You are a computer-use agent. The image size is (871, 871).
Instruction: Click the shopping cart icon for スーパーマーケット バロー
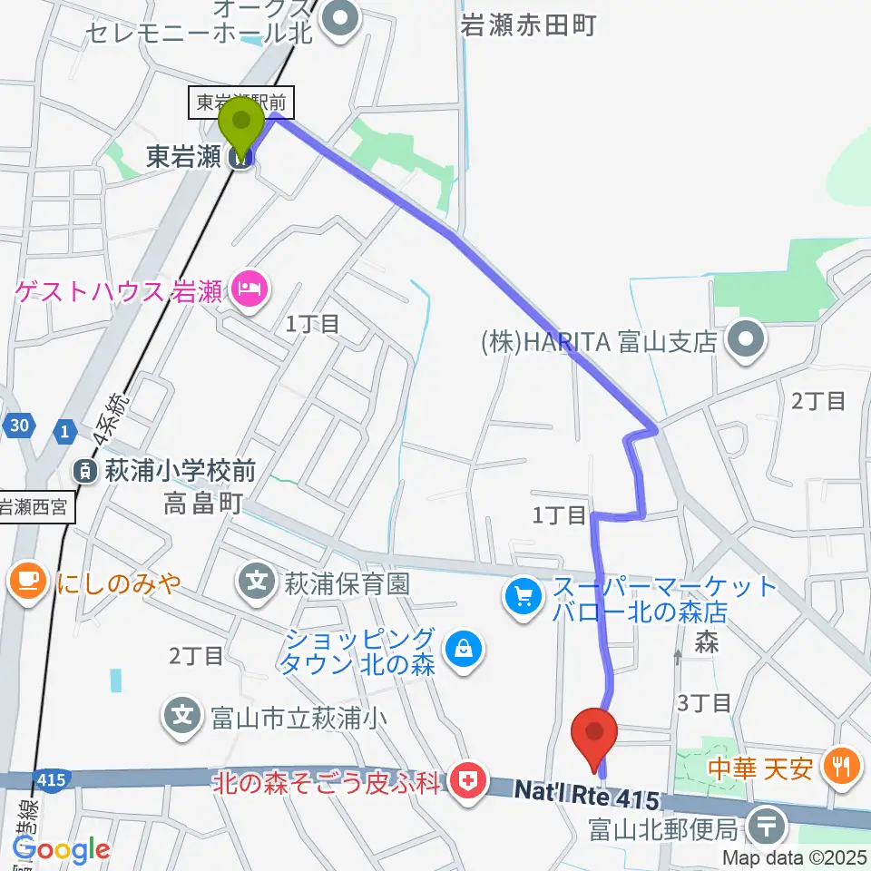[x=523, y=596]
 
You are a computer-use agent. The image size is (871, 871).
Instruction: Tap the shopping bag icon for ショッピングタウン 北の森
[x=464, y=650]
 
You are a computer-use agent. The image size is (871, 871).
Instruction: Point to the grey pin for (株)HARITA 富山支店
[x=749, y=342]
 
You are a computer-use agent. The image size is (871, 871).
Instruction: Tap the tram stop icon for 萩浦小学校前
[x=83, y=470]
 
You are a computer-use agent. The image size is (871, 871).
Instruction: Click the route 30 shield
[x=21, y=425]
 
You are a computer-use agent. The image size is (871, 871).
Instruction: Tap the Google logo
[x=61, y=849]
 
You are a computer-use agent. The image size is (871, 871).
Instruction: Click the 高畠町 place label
[x=203, y=503]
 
